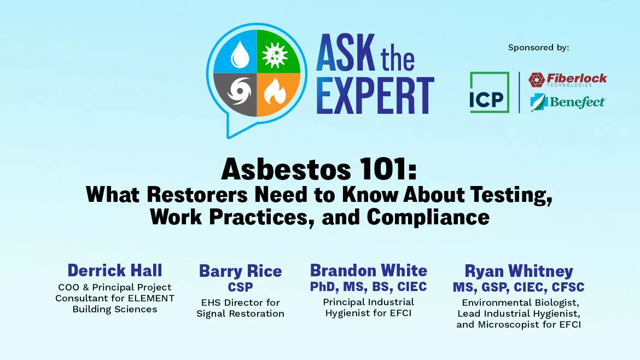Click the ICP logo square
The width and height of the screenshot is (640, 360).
489,92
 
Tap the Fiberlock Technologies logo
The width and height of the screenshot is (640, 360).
567,80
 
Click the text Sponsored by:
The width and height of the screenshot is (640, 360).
538,48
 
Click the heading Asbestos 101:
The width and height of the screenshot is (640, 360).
319,171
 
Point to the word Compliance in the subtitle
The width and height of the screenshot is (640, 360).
428,217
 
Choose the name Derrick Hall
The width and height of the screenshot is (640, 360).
114,270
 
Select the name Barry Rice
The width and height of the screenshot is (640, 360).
240,271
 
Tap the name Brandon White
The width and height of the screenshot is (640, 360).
368,270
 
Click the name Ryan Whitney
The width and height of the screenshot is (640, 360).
519,271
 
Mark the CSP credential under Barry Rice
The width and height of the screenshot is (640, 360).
240,287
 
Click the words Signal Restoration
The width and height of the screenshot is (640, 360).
240,313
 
